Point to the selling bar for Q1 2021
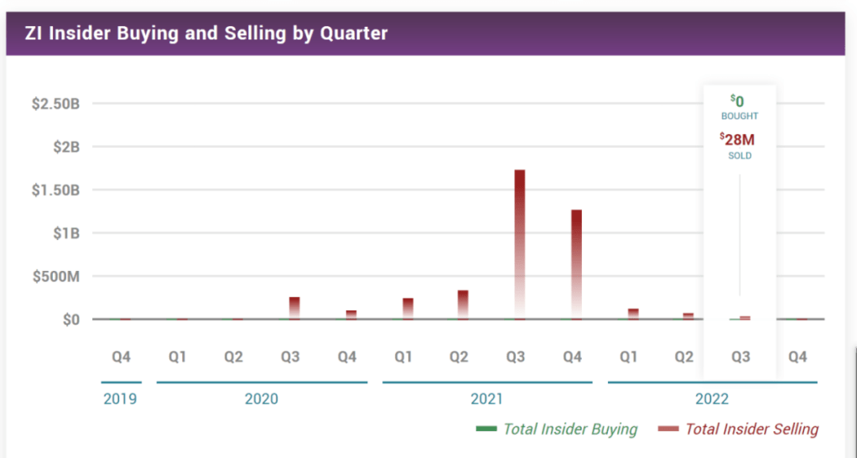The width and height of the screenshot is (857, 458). pyautogui.click(x=408, y=308)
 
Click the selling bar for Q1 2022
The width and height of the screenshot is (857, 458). pyautogui.click(x=633, y=314)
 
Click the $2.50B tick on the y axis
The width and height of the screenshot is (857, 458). pyautogui.click(x=55, y=104)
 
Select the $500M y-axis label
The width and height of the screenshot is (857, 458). pyautogui.click(x=55, y=277)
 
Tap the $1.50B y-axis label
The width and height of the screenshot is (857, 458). pyautogui.click(x=55, y=190)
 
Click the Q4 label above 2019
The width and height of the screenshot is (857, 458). pyautogui.click(x=121, y=357)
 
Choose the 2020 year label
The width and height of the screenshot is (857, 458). pyautogui.click(x=261, y=398)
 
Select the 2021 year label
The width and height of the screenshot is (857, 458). pyautogui.click(x=487, y=398)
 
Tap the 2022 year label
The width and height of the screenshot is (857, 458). pyautogui.click(x=712, y=398)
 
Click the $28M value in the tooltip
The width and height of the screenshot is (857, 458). pyautogui.click(x=739, y=140)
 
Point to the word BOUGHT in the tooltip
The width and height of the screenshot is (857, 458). pyautogui.click(x=740, y=116)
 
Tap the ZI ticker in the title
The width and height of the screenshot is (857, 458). pyautogui.click(x=34, y=33)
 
